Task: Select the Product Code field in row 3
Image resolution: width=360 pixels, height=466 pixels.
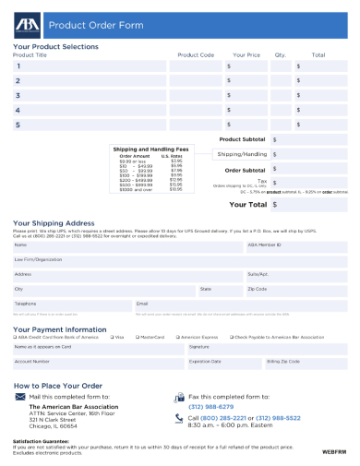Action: click(x=195, y=95)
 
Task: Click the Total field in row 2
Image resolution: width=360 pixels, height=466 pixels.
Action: click(x=320, y=81)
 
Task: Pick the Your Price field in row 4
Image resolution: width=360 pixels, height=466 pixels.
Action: click(x=247, y=110)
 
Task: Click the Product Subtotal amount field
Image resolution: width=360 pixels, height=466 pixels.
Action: click(x=309, y=139)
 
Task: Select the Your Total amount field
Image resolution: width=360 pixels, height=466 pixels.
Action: click(x=309, y=205)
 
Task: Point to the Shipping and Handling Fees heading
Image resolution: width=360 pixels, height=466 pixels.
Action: click(x=150, y=149)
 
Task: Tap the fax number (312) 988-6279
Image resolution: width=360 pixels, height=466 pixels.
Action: click(x=211, y=406)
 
